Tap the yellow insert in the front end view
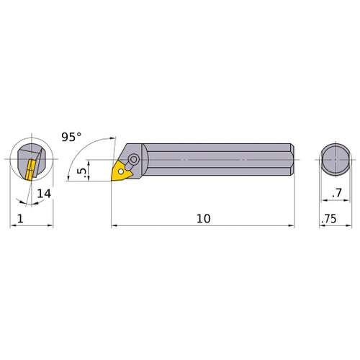click(30, 170)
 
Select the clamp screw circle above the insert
click(134, 160)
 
